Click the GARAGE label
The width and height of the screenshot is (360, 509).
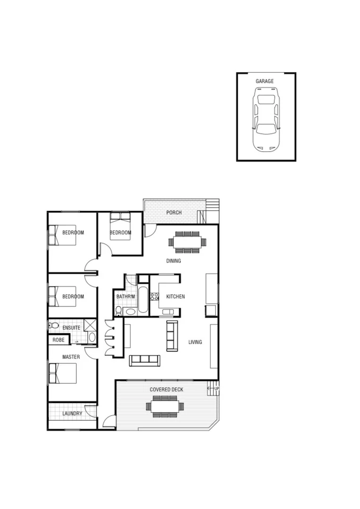(x=264, y=82)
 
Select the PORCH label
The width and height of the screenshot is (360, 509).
(x=174, y=213)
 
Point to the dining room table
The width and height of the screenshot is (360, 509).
(x=188, y=242)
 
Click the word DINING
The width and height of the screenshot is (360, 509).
(x=173, y=261)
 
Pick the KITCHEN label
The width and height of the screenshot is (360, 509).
(x=175, y=297)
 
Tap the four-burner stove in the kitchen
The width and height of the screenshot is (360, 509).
(x=154, y=297)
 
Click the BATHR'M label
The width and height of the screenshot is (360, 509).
(x=125, y=297)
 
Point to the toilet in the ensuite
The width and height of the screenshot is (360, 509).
(x=54, y=326)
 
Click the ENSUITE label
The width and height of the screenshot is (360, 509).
(x=71, y=328)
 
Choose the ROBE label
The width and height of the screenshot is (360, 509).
(x=58, y=340)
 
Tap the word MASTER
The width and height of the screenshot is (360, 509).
(x=71, y=357)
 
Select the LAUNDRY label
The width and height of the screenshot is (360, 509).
(x=72, y=414)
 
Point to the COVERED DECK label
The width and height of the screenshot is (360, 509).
(x=166, y=390)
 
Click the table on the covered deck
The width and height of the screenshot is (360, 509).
(x=166, y=406)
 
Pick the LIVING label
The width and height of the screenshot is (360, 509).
(x=195, y=342)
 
